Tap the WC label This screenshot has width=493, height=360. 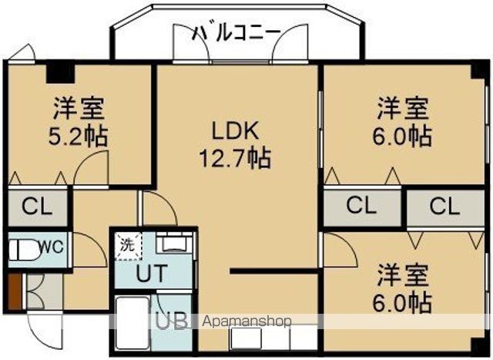pos(50,247)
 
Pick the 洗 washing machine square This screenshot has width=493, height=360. pos(126,246)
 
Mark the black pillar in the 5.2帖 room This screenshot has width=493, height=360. pos(55,72)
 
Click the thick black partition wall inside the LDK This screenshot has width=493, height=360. pos(273,271)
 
